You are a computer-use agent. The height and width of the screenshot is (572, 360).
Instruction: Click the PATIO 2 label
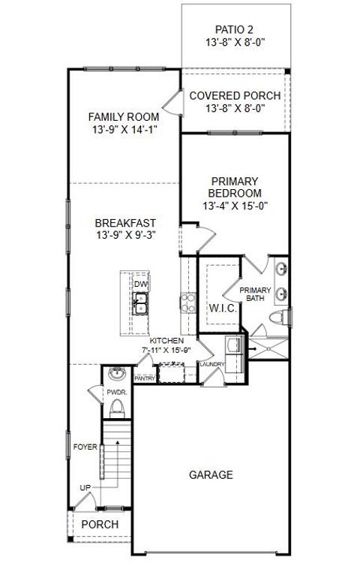tap(235, 29)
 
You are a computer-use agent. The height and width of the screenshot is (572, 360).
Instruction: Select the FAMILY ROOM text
tap(124, 116)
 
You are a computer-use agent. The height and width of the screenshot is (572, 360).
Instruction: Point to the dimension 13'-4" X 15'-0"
tap(235, 205)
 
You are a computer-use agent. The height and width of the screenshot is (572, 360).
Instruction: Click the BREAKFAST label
tap(125, 223)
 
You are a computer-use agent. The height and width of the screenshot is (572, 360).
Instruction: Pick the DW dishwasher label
tap(139, 284)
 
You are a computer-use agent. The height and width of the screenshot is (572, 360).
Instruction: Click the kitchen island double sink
tap(140, 304)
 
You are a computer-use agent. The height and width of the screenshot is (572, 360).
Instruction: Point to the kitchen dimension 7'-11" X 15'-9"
tap(166, 350)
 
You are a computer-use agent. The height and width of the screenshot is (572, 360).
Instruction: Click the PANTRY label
tap(145, 378)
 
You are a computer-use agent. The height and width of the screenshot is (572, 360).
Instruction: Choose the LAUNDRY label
tap(211, 365)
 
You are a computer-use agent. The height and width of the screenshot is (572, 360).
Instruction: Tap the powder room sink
tap(116, 374)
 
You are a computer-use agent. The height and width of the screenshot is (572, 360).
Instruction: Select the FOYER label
tap(85, 447)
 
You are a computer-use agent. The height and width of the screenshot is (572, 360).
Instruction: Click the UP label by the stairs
tap(85, 489)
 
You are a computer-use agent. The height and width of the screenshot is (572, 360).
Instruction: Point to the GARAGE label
tap(210, 475)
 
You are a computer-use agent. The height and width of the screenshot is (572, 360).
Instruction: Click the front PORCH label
tap(100, 524)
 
